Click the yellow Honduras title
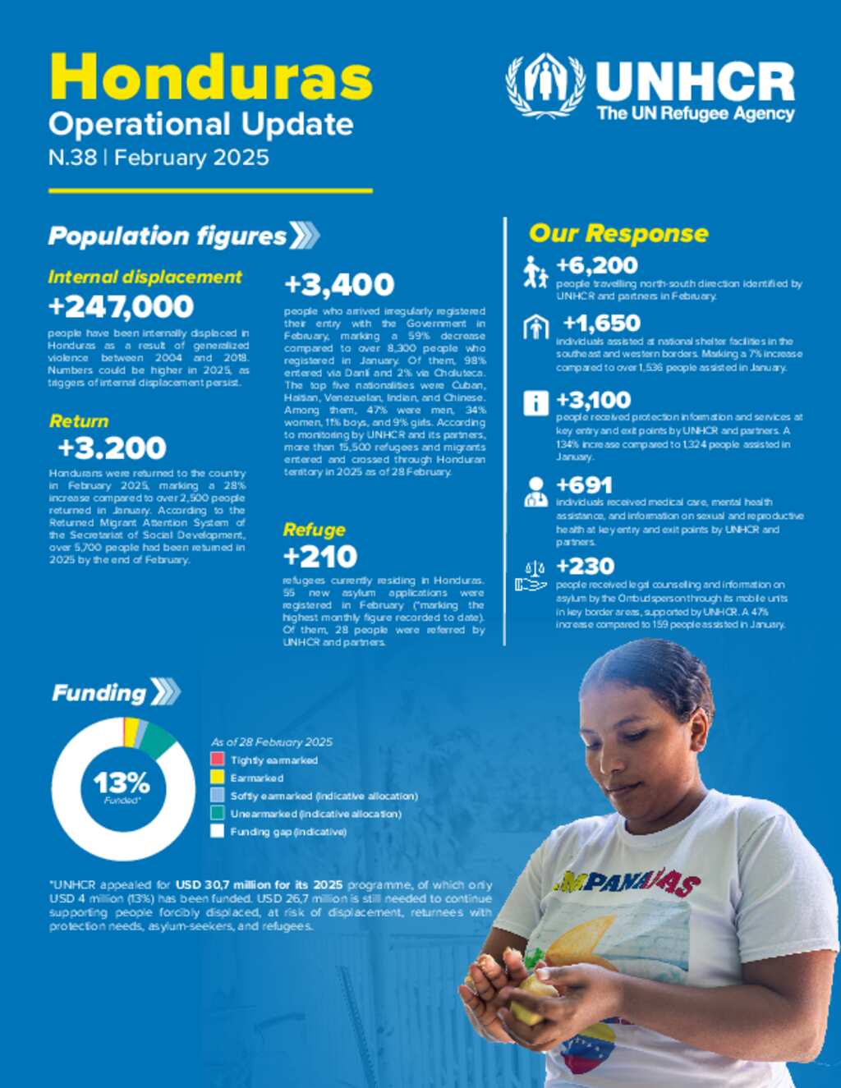pos(211,78)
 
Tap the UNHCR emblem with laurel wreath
pos(545,85)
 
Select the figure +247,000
pos(121,307)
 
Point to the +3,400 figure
pos(338,285)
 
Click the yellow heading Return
pos(79,421)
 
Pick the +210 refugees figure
pos(319,557)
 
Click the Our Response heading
pos(618,233)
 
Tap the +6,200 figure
pos(596,265)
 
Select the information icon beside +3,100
pos(535,402)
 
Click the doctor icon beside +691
pos(535,492)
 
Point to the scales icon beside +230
pos(531,576)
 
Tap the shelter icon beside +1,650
pos(535,327)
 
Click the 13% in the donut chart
pos(122,783)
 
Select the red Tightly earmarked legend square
pos(218,760)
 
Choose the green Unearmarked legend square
pos(218,813)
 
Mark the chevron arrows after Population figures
pos(305,236)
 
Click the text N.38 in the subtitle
pos(72,158)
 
